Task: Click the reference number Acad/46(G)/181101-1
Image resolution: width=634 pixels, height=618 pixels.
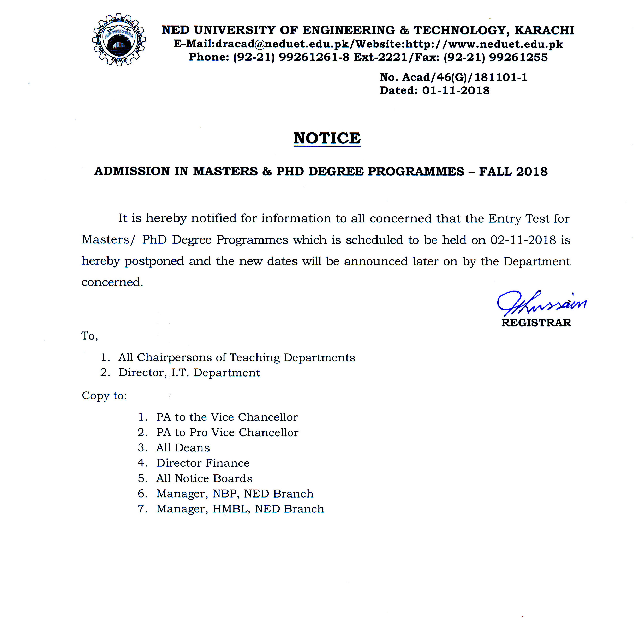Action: [464, 77]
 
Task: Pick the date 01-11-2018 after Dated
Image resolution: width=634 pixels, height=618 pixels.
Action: [456, 90]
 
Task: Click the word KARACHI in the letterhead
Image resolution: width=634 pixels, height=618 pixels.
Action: [544, 30]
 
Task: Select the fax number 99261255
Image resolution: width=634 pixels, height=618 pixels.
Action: [518, 57]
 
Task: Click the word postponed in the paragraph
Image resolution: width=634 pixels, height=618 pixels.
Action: [154, 261]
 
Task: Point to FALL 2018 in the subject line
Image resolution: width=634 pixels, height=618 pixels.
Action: [513, 171]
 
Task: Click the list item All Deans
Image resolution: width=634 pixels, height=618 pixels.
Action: [183, 448]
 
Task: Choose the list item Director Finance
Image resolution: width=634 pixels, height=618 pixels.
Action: [203, 463]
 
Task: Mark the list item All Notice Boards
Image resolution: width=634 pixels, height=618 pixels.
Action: [204, 478]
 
